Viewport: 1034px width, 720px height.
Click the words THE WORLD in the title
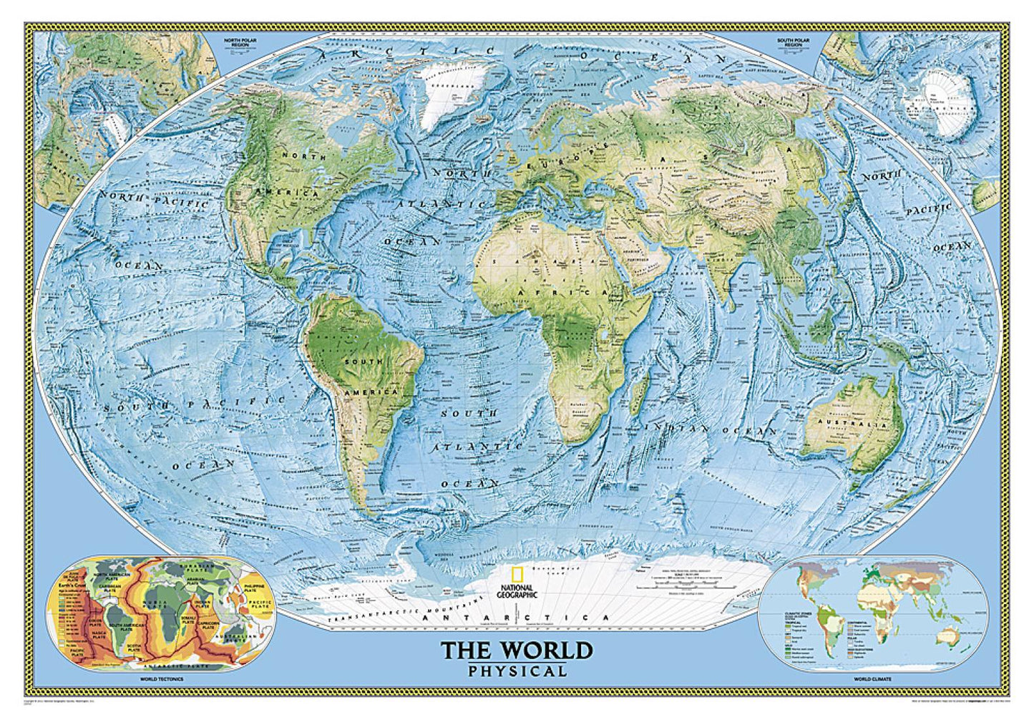click(517, 651)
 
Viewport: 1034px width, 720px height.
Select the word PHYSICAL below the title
click(517, 671)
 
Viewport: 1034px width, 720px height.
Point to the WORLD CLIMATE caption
click(872, 678)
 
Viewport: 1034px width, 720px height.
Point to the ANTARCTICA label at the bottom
click(526, 618)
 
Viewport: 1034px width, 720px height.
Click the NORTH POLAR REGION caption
click(239, 43)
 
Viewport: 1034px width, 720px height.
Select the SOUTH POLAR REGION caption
click(794, 43)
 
